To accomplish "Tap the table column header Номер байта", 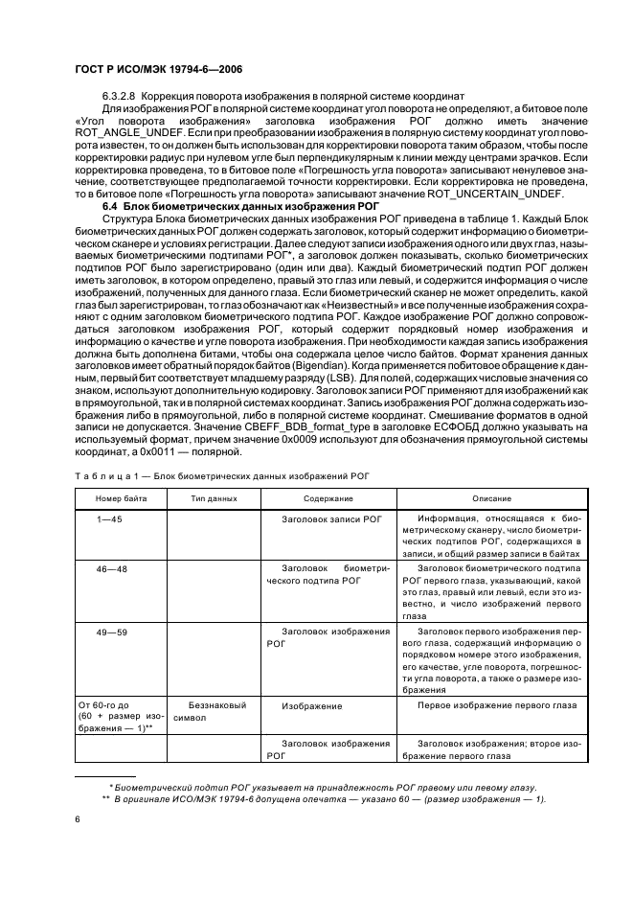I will [x=117, y=499].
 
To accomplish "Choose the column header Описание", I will [x=490, y=499].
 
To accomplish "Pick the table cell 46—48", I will [x=108, y=568].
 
